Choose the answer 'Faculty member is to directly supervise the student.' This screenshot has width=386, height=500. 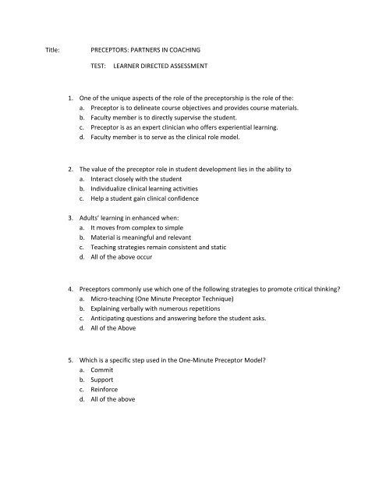[x=182, y=118]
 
